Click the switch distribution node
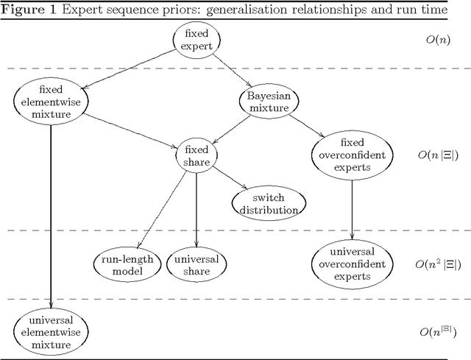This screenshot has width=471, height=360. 267,204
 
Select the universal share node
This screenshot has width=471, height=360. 196,264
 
